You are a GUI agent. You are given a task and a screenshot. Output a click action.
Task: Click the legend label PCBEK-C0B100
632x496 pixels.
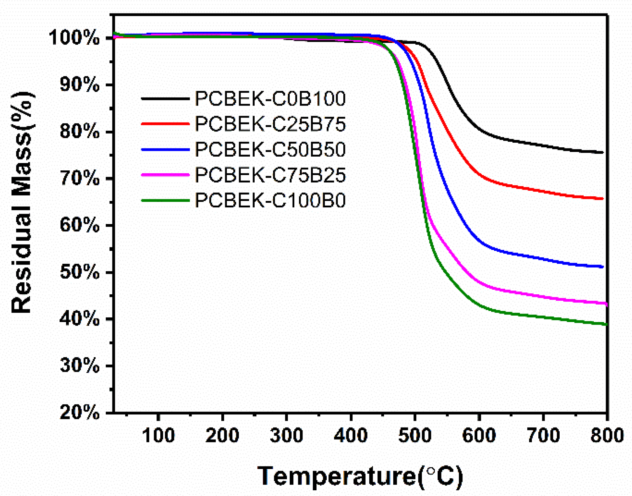tap(270, 99)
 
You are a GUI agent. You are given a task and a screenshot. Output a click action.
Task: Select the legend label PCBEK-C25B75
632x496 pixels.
tap(270, 124)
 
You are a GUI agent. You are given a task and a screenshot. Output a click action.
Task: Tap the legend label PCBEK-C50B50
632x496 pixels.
tap(270, 149)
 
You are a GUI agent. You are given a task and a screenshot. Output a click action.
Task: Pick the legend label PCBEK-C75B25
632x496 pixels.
tap(270, 175)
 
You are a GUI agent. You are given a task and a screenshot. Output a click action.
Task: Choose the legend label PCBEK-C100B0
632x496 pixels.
tap(270, 201)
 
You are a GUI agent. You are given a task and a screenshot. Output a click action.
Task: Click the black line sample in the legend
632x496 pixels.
tap(165, 99)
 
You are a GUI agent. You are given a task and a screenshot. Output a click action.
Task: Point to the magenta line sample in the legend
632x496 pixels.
tap(165, 175)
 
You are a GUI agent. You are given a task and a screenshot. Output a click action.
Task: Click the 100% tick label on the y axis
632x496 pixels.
tap(74, 38)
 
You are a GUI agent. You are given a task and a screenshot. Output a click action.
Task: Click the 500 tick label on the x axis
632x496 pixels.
tap(415, 436)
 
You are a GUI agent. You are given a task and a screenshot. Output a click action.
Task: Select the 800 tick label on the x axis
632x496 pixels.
tap(607, 436)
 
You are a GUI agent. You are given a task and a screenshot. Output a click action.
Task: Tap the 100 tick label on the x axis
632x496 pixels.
tap(158, 436)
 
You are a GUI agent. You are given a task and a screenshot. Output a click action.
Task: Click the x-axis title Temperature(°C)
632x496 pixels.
tap(360, 476)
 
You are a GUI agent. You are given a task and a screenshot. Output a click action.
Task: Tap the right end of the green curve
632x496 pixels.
tap(606, 324)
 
